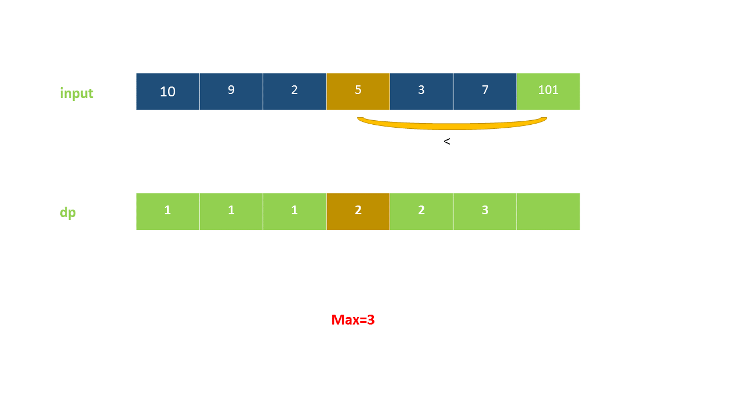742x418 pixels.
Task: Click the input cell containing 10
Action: (x=168, y=91)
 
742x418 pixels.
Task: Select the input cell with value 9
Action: (x=231, y=91)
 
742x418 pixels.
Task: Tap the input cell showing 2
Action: (x=294, y=91)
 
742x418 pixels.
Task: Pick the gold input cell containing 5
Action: (x=358, y=91)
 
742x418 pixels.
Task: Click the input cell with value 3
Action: (x=421, y=91)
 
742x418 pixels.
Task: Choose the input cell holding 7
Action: (x=485, y=91)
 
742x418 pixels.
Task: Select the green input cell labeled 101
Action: (x=548, y=91)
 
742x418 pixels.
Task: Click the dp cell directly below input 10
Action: (x=168, y=211)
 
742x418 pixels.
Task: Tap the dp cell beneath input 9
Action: (x=231, y=211)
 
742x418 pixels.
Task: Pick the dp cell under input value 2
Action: (x=294, y=211)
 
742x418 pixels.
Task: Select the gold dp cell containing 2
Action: (x=358, y=211)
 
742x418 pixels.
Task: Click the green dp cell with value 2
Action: (x=421, y=211)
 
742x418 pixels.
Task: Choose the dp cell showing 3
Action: (x=485, y=211)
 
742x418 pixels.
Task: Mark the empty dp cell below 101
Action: (x=548, y=211)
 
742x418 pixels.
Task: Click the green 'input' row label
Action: (x=77, y=93)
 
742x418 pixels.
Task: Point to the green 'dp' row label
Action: (x=68, y=212)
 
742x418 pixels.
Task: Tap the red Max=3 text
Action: (x=353, y=320)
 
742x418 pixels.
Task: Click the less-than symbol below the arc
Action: (x=446, y=141)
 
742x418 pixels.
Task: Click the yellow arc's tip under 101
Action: (x=544, y=119)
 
